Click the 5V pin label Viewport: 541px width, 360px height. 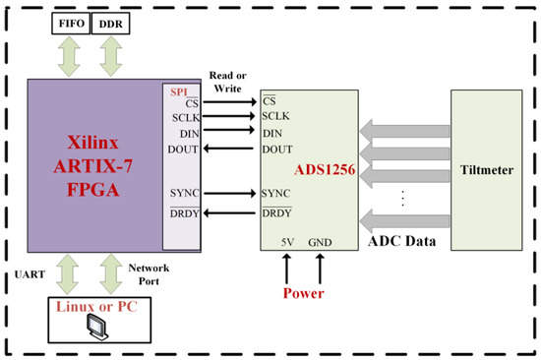[x=286, y=241]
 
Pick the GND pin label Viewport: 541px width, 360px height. [x=320, y=241]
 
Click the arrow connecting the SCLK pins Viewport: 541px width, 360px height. [x=229, y=115]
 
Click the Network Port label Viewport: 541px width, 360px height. [x=148, y=271]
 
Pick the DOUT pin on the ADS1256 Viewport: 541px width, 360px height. [x=278, y=150]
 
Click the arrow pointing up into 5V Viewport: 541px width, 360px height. [x=286, y=265]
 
